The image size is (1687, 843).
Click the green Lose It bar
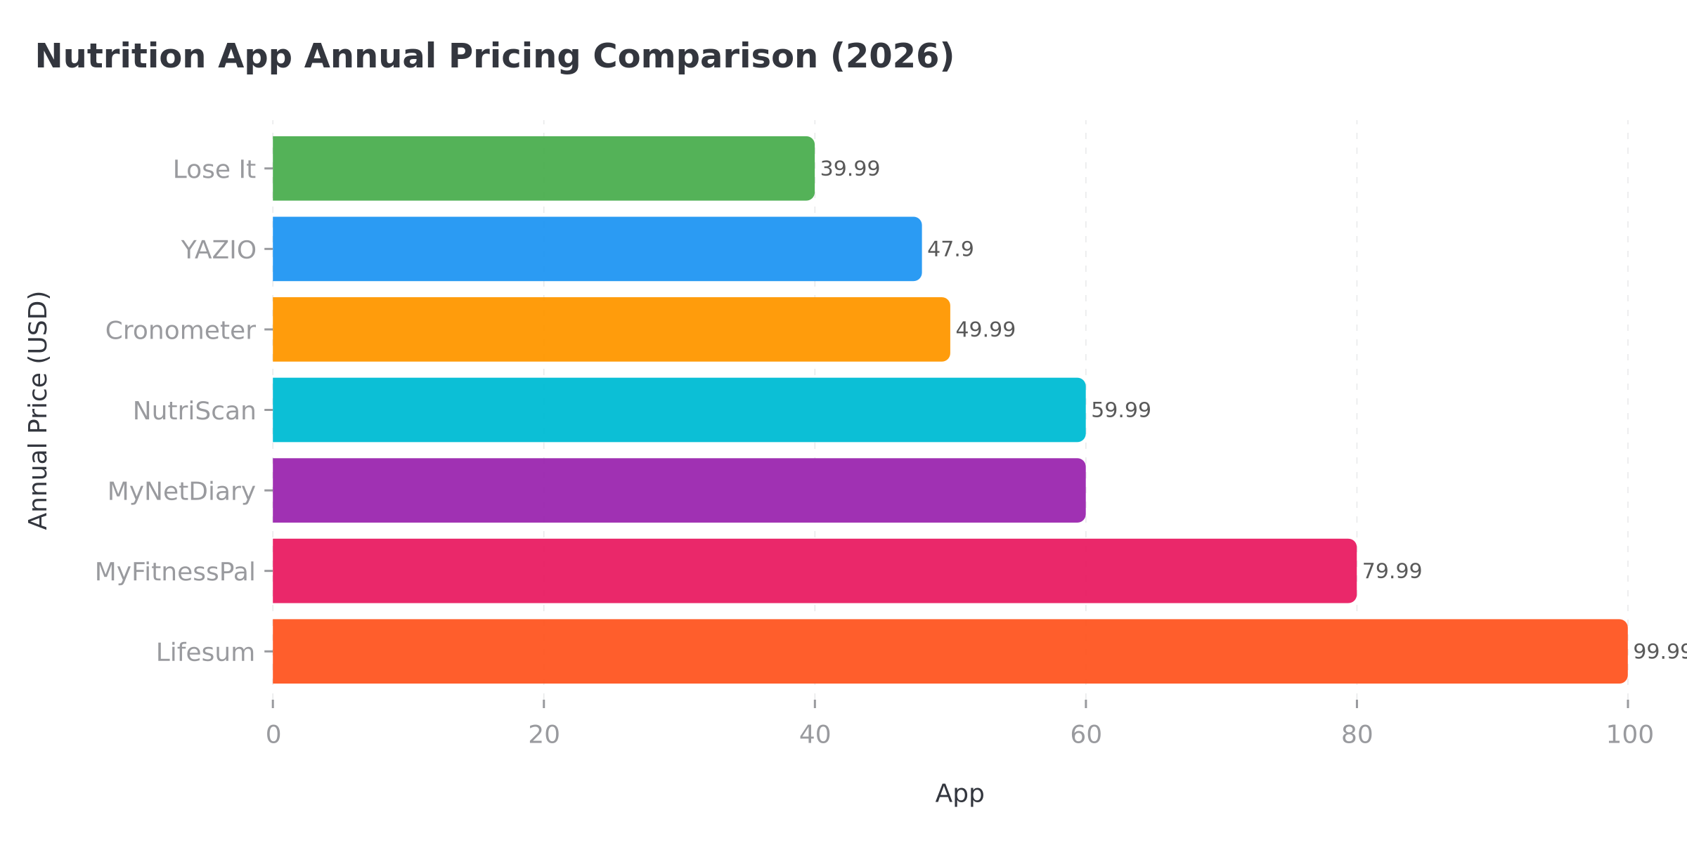pyautogui.click(x=543, y=169)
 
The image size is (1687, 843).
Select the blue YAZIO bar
pyautogui.click(x=596, y=249)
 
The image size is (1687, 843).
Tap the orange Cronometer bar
pyautogui.click(x=610, y=329)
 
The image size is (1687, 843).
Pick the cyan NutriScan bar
pyautogui.click(x=678, y=410)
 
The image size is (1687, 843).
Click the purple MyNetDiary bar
pyautogui.click(x=678, y=490)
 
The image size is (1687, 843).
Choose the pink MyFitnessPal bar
pyautogui.click(x=814, y=570)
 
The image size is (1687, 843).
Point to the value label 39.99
pyautogui.click(x=850, y=169)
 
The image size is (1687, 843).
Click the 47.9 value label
pyautogui.click(x=950, y=249)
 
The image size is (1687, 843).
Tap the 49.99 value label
pyautogui.click(x=985, y=330)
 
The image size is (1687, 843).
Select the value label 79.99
pyautogui.click(x=1392, y=571)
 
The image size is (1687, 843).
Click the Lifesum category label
pyautogui.click(x=205, y=653)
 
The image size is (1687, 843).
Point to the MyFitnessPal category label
pyautogui.click(x=175, y=572)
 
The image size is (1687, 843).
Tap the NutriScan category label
pyautogui.click(x=194, y=411)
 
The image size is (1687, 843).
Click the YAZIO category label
pyautogui.click(x=219, y=250)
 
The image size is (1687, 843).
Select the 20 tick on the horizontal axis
pyautogui.click(x=544, y=735)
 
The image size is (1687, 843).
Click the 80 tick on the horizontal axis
pyautogui.click(x=1357, y=735)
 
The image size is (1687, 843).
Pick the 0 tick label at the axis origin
pyautogui.click(x=273, y=735)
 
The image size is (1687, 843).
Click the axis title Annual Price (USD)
pyautogui.click(x=39, y=410)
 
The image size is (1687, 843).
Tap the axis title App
pyautogui.click(x=959, y=794)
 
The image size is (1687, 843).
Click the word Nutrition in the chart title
pyautogui.click(x=121, y=56)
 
